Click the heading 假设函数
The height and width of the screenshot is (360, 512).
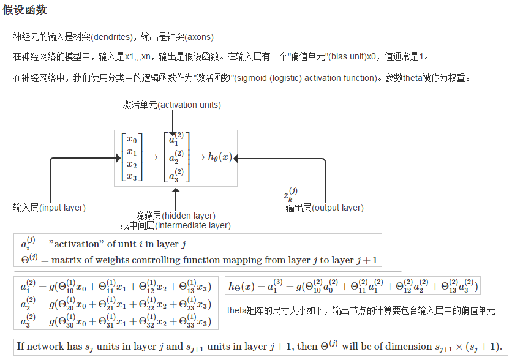tap(24, 10)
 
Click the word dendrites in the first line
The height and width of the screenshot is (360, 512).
tap(111, 37)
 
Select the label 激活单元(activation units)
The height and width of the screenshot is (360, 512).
tap(171, 105)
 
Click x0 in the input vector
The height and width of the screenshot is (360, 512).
tap(132, 140)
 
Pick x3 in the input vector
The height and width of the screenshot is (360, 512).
tap(132, 176)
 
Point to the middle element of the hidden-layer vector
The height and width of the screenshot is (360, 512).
tap(176, 157)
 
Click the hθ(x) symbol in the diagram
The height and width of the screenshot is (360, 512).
tap(220, 157)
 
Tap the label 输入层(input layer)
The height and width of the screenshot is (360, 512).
tap(50, 208)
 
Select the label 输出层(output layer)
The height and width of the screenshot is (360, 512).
tap(325, 208)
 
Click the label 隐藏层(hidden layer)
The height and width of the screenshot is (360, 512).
tap(176, 216)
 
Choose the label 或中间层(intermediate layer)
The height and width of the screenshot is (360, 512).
tap(176, 225)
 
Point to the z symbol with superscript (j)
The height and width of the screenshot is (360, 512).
tap(291, 195)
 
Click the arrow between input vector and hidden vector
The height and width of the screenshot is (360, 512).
tap(153, 157)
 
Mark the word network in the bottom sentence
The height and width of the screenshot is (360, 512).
tap(45, 347)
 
